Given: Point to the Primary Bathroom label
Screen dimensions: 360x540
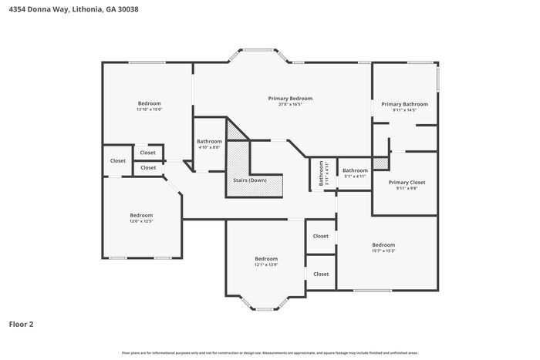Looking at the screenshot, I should coord(404,104).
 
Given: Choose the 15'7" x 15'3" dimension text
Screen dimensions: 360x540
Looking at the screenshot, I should coord(383,251).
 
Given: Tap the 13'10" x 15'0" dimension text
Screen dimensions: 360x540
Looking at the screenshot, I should coord(149,109).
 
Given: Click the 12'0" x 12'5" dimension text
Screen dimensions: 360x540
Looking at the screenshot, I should coord(141,221).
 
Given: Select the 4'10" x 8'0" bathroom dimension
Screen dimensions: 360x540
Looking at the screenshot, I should coord(209,147).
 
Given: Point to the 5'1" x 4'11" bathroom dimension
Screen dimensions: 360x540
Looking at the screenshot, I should coord(355,177).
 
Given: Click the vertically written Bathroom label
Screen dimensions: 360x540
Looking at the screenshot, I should coord(322,173).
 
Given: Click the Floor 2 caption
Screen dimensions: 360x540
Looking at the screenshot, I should coord(21,325).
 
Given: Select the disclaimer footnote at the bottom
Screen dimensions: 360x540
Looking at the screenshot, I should coord(269,352).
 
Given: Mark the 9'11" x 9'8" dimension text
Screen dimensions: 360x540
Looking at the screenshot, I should coord(406,188).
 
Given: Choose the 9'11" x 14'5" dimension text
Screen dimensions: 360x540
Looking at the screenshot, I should coord(404,110).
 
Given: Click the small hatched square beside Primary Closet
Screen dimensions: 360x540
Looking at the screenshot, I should coord(380,163).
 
